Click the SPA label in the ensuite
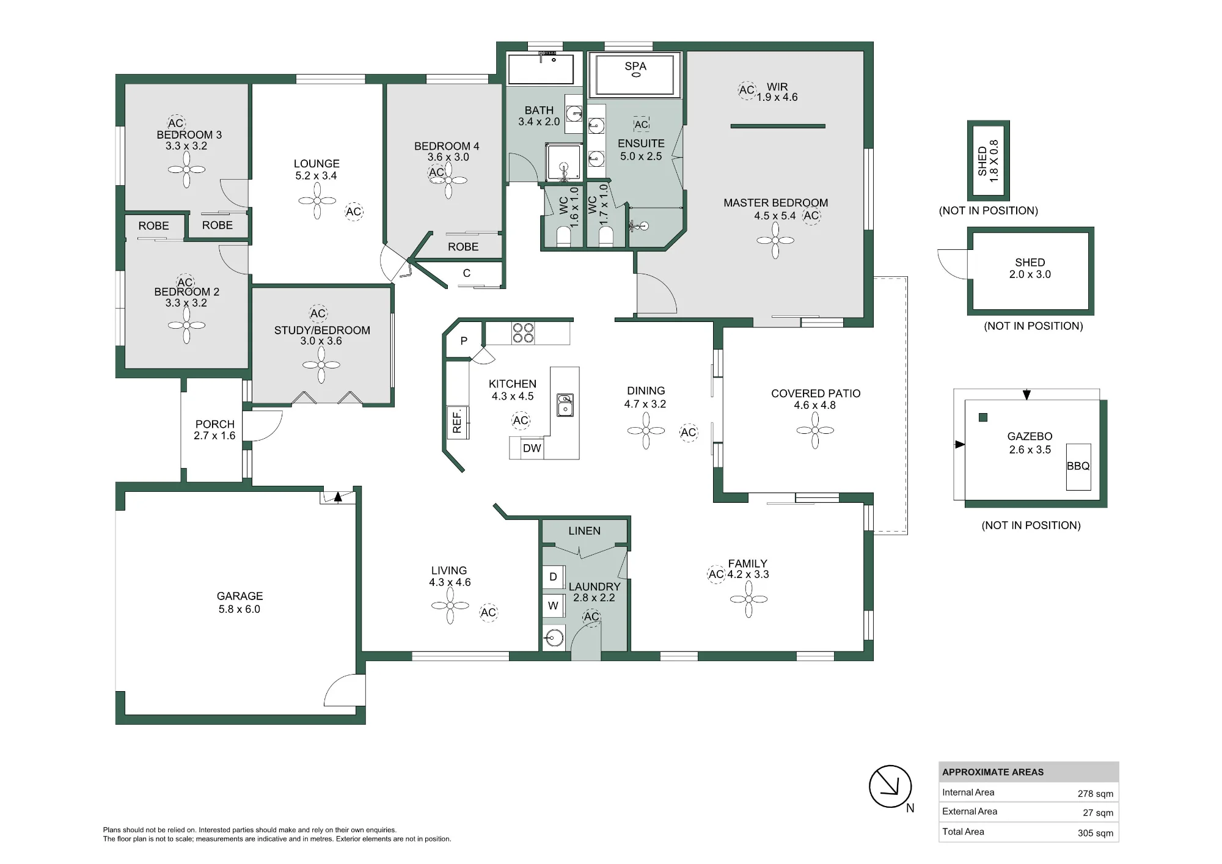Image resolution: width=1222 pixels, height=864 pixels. pyautogui.click(x=635, y=66)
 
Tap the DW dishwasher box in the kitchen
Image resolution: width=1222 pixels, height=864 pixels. pyautogui.click(x=532, y=448)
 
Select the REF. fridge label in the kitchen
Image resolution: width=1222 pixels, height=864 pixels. pyautogui.click(x=457, y=422)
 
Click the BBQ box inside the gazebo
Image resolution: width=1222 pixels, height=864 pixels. pyautogui.click(x=1078, y=467)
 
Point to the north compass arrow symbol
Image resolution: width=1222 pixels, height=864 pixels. pyautogui.click(x=890, y=786)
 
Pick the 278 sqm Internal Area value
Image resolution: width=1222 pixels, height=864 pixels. pyautogui.click(x=1095, y=793)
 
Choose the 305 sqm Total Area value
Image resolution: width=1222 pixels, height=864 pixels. pyautogui.click(x=1095, y=832)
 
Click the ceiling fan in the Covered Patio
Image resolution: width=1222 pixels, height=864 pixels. pyautogui.click(x=815, y=430)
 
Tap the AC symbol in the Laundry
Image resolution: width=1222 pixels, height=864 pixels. pyautogui.click(x=591, y=617)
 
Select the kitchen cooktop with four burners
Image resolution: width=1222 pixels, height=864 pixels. pyautogui.click(x=523, y=332)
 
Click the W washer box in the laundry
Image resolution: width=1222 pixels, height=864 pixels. pyautogui.click(x=553, y=606)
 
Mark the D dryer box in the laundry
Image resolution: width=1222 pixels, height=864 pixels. pyautogui.click(x=553, y=577)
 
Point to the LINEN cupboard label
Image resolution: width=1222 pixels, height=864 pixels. pyautogui.click(x=584, y=531)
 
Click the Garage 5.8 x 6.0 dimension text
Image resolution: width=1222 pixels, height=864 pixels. pyautogui.click(x=240, y=609)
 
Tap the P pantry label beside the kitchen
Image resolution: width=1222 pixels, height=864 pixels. pyautogui.click(x=464, y=341)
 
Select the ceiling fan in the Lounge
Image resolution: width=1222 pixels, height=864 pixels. pyautogui.click(x=317, y=200)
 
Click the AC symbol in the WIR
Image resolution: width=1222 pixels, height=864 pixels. pyautogui.click(x=747, y=90)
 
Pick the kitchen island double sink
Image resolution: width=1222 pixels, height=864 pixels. pyautogui.click(x=565, y=405)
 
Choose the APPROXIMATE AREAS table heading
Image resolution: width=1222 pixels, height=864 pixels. pyautogui.click(x=993, y=772)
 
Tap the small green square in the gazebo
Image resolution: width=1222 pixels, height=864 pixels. pyautogui.click(x=983, y=417)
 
